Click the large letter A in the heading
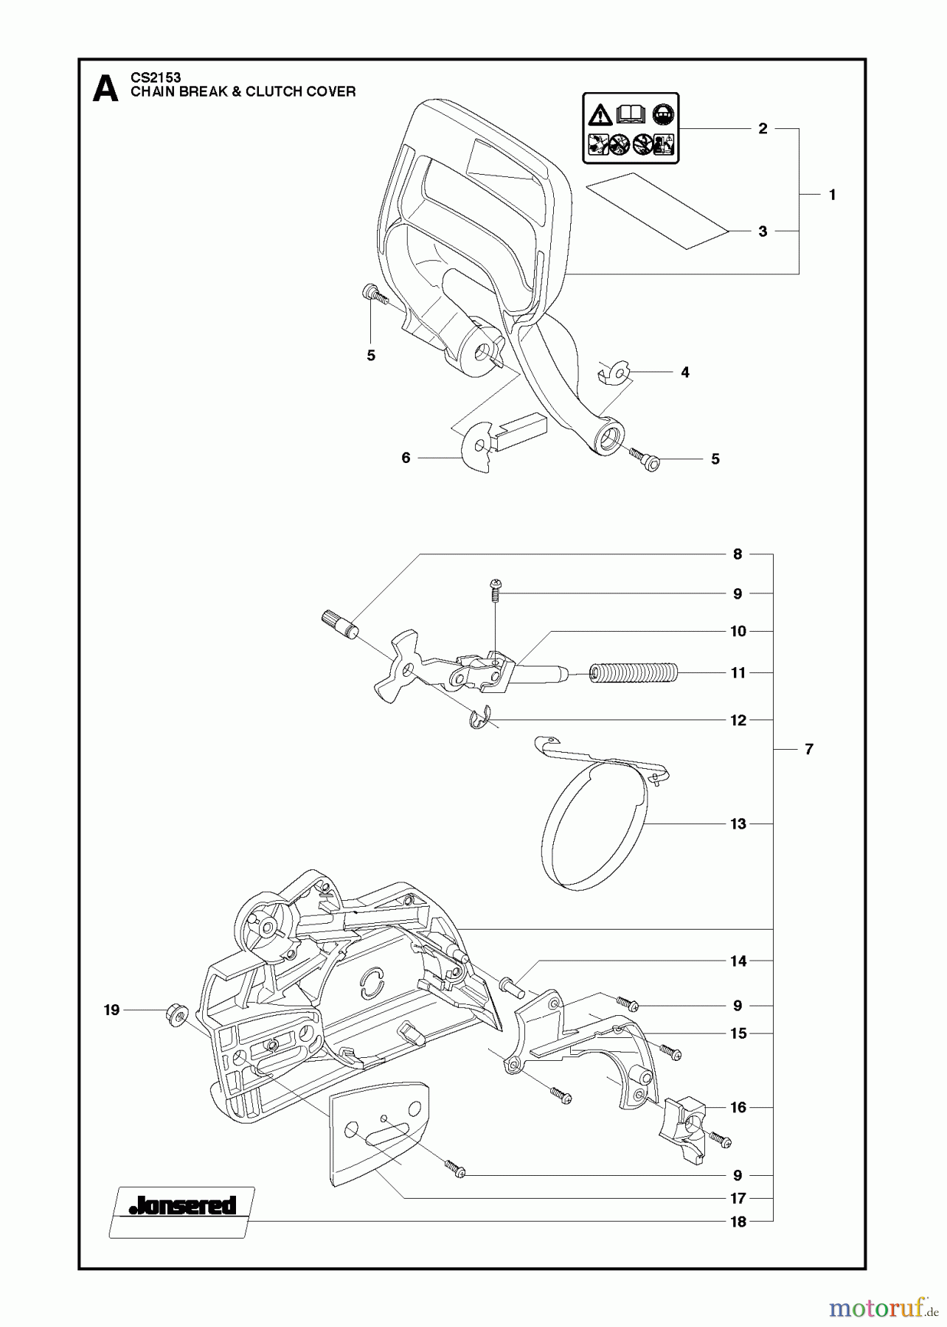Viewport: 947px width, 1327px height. click(105, 88)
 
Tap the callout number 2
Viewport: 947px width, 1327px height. click(763, 129)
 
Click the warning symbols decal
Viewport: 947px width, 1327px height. click(631, 128)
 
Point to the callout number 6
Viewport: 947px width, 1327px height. click(406, 458)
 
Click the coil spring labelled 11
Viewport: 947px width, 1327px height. click(634, 674)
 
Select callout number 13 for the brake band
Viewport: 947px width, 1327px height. click(738, 824)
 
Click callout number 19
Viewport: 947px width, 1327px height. click(111, 1010)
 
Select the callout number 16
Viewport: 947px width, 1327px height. click(738, 1107)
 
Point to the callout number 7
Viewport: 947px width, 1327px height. click(809, 749)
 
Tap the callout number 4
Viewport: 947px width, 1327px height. click(685, 372)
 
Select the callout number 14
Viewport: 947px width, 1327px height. click(738, 961)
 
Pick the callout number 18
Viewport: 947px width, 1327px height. click(738, 1222)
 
